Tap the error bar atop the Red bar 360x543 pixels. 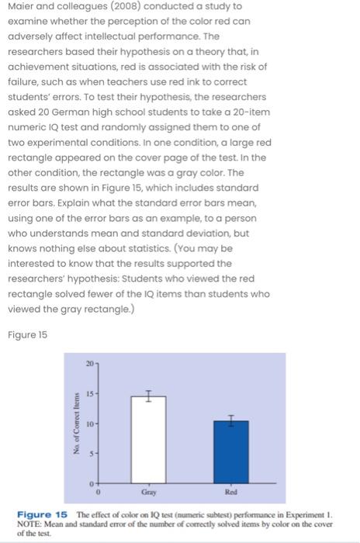pos(231,420)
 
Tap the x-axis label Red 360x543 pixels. pos(231,493)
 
